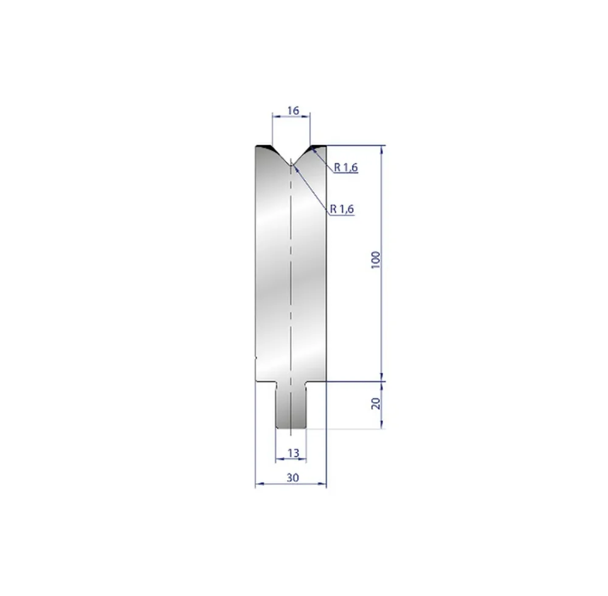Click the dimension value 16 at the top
(293, 111)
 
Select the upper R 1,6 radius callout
(346, 168)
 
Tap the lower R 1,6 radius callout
(342, 209)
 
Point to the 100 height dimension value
(376, 260)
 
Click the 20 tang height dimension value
(376, 403)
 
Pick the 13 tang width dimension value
(294, 453)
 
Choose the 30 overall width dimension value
(293, 478)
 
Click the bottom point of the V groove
(291, 164)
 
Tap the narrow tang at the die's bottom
(291, 405)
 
